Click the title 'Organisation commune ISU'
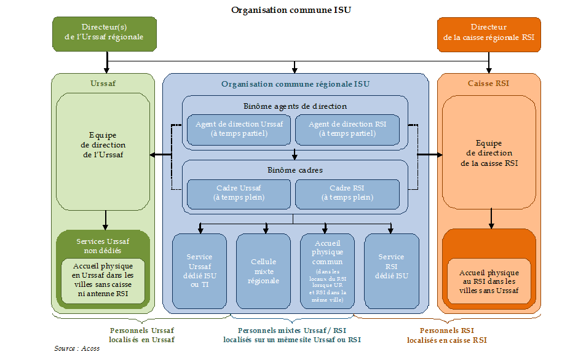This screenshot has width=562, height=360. pyautogui.click(x=291, y=10)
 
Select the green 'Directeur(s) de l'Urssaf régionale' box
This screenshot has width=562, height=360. pyautogui.click(x=104, y=33)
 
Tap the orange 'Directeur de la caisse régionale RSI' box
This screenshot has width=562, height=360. pyautogui.click(x=489, y=33)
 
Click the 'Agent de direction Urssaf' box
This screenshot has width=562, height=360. pyautogui.click(x=239, y=128)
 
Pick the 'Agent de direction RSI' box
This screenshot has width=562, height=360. pyautogui.click(x=347, y=128)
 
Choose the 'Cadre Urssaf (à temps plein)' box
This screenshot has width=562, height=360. pyautogui.click(x=239, y=193)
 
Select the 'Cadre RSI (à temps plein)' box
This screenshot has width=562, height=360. pyautogui.click(x=347, y=193)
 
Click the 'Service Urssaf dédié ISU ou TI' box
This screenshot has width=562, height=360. pyautogui.click(x=200, y=270)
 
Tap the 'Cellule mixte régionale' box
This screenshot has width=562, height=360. pyautogui.click(x=264, y=270)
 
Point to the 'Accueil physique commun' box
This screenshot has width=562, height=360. pyautogui.click(x=327, y=270)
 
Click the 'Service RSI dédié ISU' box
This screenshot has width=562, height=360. pyautogui.click(x=391, y=270)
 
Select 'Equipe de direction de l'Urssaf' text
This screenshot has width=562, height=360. pyautogui.click(x=103, y=145)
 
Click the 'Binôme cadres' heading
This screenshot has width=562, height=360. pyautogui.click(x=295, y=170)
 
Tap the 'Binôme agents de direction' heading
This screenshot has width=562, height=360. pyautogui.click(x=295, y=106)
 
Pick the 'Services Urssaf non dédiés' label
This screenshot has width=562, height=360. pyautogui.click(x=103, y=246)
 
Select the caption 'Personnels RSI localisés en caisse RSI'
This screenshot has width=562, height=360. pyautogui.click(x=446, y=335)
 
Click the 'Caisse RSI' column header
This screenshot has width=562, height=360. pyautogui.click(x=488, y=84)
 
